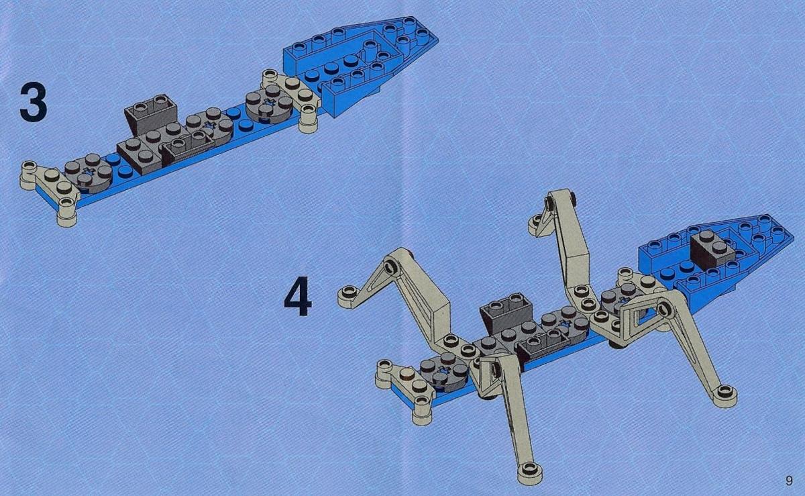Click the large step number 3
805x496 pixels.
33,102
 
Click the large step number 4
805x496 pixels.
298,296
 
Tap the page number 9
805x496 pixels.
789,481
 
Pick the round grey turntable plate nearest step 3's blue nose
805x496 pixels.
270,104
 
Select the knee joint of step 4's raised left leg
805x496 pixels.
395,266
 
